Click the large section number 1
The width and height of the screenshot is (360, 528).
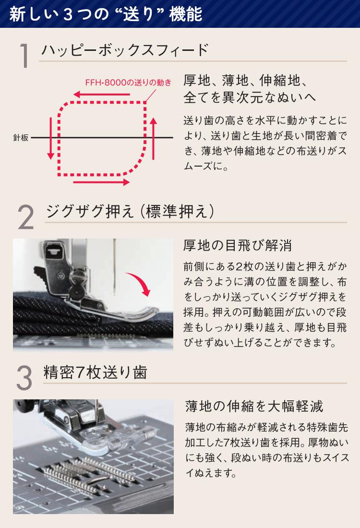pos(24,55)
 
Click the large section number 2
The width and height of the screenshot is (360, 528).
pos(25,217)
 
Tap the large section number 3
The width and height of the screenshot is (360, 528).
pos(24,378)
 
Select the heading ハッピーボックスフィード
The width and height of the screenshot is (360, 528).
pos(125,50)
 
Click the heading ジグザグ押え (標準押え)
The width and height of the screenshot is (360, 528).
pos(130,211)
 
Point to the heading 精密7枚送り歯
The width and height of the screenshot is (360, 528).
pos(96,372)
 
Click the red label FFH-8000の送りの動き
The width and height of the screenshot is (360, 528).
pos(128,83)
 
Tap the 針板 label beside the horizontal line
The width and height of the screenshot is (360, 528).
pos(21,137)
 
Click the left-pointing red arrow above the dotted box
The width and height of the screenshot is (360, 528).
pos(102,94)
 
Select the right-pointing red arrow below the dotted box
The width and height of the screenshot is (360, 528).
pos(101,182)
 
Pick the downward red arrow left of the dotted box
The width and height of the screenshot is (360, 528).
pos(50,138)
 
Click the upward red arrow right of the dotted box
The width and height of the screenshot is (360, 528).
pos(153,138)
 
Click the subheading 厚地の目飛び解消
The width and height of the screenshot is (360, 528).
pos(238,245)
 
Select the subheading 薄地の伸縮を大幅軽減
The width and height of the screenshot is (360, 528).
pos(254,406)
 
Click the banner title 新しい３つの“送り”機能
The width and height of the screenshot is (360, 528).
pos(106,14)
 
